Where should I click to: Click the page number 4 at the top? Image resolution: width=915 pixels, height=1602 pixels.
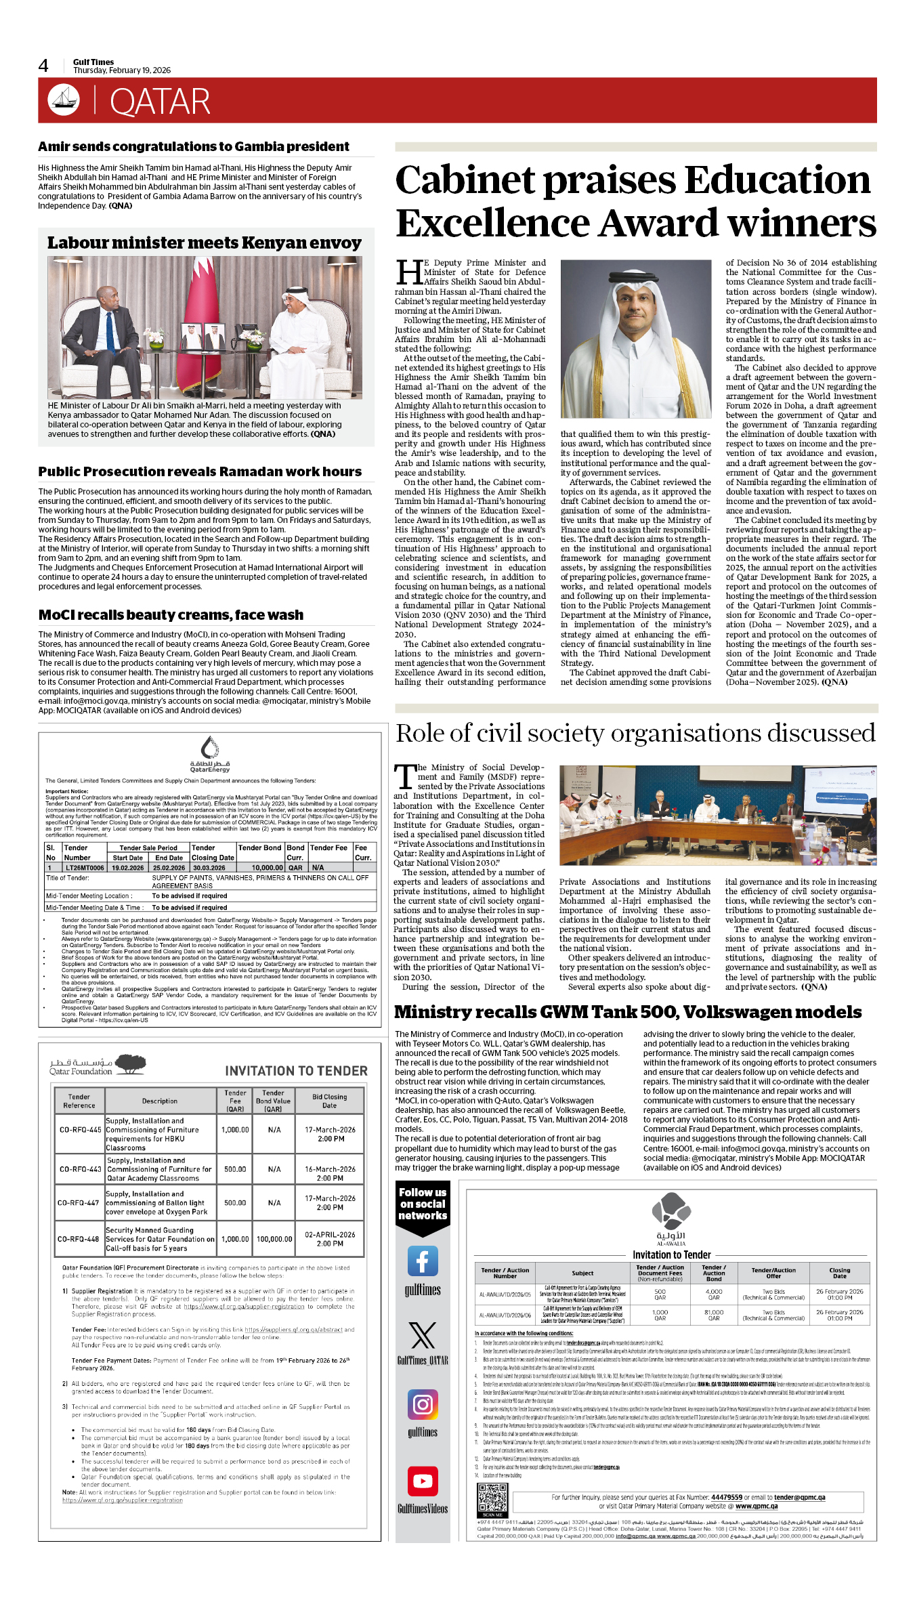point(43,66)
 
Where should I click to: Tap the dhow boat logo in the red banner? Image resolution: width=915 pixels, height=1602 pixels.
point(64,100)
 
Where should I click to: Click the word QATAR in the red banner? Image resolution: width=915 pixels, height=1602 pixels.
point(160,102)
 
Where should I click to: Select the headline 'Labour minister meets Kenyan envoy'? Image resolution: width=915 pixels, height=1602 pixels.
point(204,243)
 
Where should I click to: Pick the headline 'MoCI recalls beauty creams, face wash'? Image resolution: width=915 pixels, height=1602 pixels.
point(171,615)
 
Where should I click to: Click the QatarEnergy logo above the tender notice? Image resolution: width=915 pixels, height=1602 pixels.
point(209,753)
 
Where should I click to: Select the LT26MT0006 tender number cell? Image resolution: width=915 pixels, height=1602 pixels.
point(85,868)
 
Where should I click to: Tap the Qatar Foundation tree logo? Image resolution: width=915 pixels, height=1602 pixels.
point(131,1064)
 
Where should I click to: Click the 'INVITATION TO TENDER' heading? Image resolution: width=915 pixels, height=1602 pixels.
point(296,1071)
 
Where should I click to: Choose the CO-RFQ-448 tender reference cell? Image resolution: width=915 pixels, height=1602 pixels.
point(79,1239)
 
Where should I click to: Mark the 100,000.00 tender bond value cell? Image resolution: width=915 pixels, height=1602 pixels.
point(274,1239)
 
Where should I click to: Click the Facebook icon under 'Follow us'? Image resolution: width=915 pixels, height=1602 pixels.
point(423,1261)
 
